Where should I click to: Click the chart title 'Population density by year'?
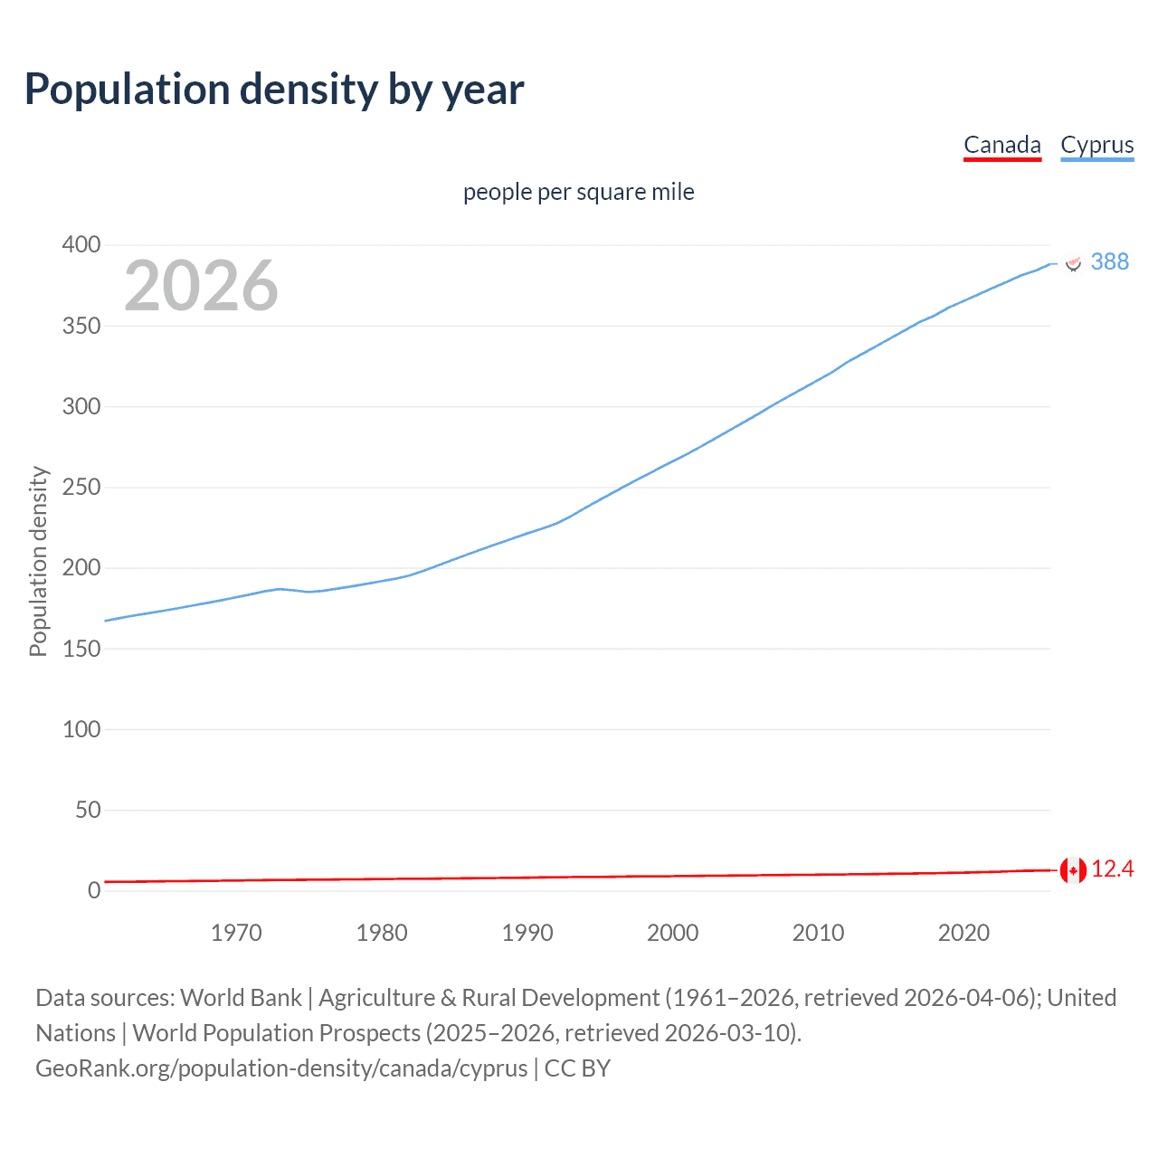coord(274,90)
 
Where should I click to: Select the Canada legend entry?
coord(1001,145)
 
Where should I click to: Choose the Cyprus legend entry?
coord(1096,145)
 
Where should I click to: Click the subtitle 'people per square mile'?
coord(578,192)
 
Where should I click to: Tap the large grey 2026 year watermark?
coord(201,286)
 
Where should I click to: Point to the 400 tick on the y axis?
coord(81,244)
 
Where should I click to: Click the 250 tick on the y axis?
coord(81,487)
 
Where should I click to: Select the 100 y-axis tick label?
coord(81,729)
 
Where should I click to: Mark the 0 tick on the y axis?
coord(94,891)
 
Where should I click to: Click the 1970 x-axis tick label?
coord(236,933)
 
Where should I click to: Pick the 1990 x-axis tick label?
coord(527,933)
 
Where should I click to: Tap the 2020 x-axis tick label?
coord(963,933)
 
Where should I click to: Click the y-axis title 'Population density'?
coord(38,561)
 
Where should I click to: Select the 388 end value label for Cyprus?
coord(1109,261)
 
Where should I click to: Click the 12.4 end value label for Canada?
coord(1112,869)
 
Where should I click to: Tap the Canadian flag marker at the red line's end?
coord(1073,870)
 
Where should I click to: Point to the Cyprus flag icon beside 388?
coord(1073,262)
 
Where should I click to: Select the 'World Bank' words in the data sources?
coord(241,998)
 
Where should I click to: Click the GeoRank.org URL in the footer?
coord(281,1068)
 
